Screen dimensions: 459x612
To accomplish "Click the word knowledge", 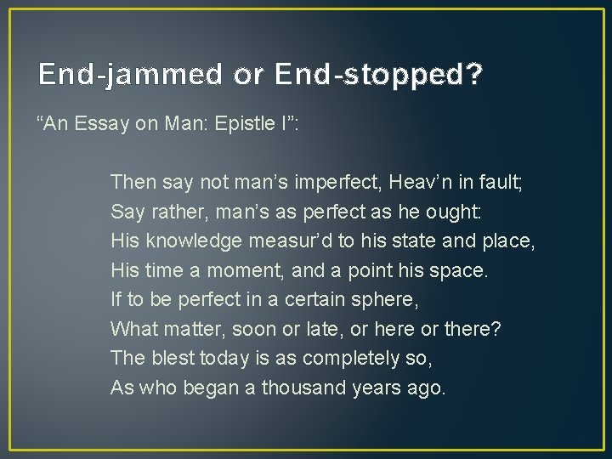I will [195, 241].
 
